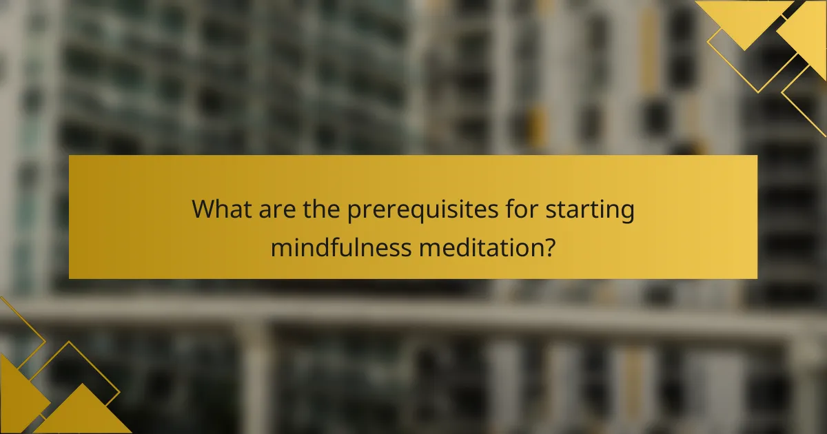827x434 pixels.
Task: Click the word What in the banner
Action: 222,209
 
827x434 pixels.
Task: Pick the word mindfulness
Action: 340,246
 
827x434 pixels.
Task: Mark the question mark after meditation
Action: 549,246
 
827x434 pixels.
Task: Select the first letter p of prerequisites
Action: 355,211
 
